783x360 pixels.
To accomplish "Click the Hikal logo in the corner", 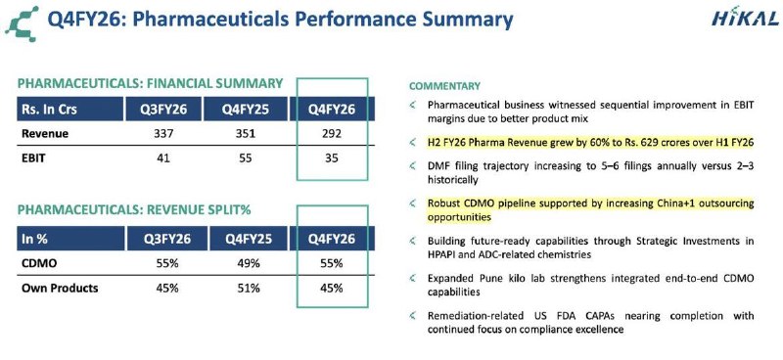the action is click(x=745, y=19).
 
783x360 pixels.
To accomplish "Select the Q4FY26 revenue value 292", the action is click(x=332, y=134).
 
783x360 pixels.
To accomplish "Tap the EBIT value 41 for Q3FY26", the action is click(x=162, y=158).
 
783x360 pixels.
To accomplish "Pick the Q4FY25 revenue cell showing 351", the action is click(x=246, y=134).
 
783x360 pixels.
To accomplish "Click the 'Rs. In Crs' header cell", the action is click(x=69, y=109).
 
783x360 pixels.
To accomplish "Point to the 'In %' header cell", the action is click(x=70, y=239).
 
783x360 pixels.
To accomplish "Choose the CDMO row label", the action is click(x=39, y=263).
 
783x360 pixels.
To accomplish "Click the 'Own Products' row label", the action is click(x=60, y=289).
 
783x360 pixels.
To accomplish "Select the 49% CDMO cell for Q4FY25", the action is click(x=249, y=263).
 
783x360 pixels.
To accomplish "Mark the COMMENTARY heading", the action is click(x=444, y=86).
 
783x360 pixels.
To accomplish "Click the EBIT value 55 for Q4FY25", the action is click(x=246, y=158).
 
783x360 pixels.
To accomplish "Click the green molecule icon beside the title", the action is click(x=23, y=22).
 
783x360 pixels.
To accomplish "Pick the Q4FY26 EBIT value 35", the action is click(x=332, y=158).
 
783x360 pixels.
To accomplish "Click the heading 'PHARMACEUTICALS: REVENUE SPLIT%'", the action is click(x=134, y=210).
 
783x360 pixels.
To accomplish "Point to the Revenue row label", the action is click(x=45, y=134).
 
